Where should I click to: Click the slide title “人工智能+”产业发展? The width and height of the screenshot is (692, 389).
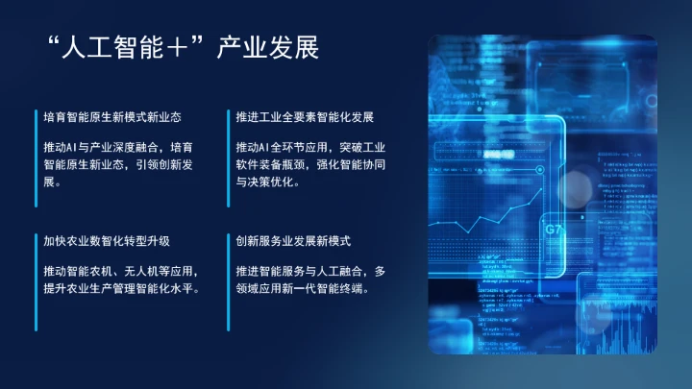(x=182, y=48)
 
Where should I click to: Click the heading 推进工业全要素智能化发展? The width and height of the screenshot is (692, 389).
(x=305, y=117)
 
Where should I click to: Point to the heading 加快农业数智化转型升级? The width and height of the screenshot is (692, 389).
(x=107, y=240)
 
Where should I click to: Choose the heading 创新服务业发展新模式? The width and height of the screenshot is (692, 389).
(x=293, y=240)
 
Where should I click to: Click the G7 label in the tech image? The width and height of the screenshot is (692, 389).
(x=554, y=231)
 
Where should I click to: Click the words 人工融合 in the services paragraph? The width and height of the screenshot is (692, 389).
(x=338, y=271)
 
